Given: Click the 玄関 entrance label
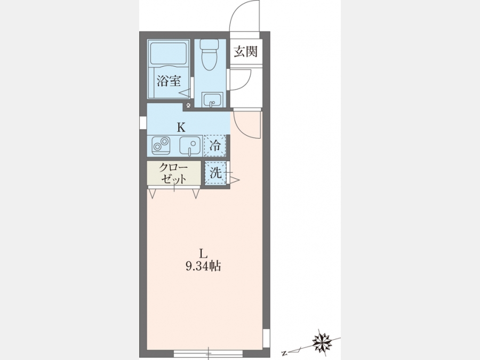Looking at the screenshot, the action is tap(245, 51).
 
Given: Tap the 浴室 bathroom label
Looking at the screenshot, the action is tap(169, 81).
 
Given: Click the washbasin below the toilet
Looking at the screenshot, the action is tap(212, 100).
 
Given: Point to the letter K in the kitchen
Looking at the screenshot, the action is tap(181, 127).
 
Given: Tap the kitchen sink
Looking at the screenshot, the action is tap(190, 146).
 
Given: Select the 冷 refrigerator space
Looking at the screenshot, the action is tap(215, 146).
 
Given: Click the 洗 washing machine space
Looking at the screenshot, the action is tap(216, 173).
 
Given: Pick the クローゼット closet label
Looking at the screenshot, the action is tap(173, 173).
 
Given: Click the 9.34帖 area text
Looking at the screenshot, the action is tap(203, 266).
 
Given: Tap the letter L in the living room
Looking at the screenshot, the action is tap(203, 253).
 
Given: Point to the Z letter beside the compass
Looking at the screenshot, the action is tap(285, 354).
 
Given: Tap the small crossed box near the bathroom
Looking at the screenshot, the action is tap(188, 105).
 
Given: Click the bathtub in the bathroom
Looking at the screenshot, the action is tap(169, 53).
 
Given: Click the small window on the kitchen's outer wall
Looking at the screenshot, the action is tap(143, 123).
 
